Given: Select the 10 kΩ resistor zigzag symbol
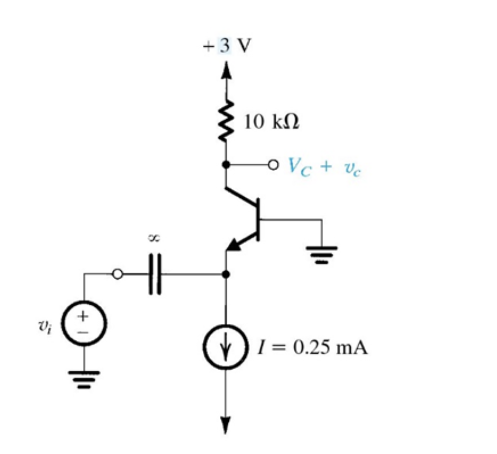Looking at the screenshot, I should point(226,121).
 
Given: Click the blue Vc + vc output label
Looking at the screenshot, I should point(325,167).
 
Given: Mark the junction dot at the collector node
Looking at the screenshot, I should point(226,164).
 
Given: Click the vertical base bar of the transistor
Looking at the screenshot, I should point(258,219).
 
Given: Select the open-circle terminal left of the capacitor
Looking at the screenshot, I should point(117,274).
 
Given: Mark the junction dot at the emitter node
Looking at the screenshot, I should point(226,274).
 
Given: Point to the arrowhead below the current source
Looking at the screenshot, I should point(226,425).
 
